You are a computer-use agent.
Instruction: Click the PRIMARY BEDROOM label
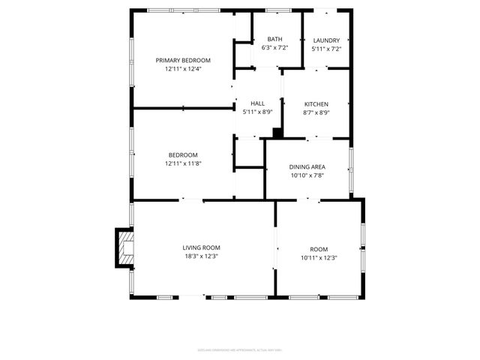pyautogui.click(x=183, y=60)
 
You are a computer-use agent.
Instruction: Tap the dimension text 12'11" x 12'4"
pyautogui.click(x=183, y=69)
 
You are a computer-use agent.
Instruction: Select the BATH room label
pyautogui.click(x=275, y=40)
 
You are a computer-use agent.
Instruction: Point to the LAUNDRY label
pyautogui.click(x=326, y=40)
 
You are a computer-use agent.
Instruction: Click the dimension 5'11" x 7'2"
pyautogui.click(x=326, y=49)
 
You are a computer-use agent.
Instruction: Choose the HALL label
pyautogui.click(x=257, y=103)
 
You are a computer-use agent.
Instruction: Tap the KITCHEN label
pyautogui.click(x=316, y=103)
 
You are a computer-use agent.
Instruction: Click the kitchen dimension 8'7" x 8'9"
pyautogui.click(x=316, y=112)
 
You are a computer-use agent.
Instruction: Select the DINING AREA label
pyautogui.click(x=307, y=166)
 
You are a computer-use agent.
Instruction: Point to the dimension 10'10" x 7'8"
pyautogui.click(x=307, y=175)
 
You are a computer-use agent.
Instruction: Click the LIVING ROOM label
pyautogui.click(x=201, y=247)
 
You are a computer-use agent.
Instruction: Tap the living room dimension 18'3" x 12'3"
pyautogui.click(x=201, y=256)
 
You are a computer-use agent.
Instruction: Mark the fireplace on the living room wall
pyautogui.click(x=124, y=248)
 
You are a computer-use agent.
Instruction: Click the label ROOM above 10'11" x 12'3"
pyautogui.click(x=319, y=249)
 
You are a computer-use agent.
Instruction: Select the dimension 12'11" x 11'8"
pyautogui.click(x=183, y=163)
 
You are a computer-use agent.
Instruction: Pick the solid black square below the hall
pyautogui.click(x=277, y=133)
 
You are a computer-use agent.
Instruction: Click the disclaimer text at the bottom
pyautogui.click(x=239, y=349)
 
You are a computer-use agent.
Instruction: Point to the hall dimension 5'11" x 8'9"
pyautogui.click(x=257, y=112)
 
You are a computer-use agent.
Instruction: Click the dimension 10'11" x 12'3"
pyautogui.click(x=319, y=258)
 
